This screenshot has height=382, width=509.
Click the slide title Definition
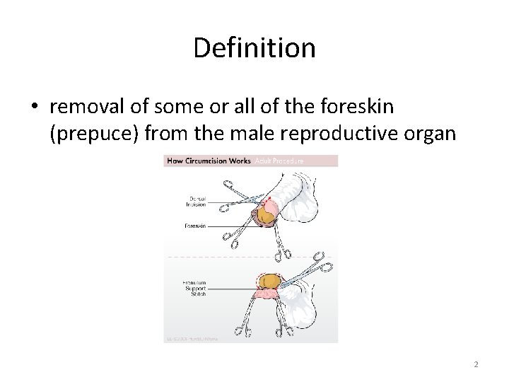254,48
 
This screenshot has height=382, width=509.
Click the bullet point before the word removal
35,107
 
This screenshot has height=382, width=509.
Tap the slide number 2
476,364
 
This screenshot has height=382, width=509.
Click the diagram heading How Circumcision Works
207,161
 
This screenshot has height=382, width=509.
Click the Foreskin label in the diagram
195,226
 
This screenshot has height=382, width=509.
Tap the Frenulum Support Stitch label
194,288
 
